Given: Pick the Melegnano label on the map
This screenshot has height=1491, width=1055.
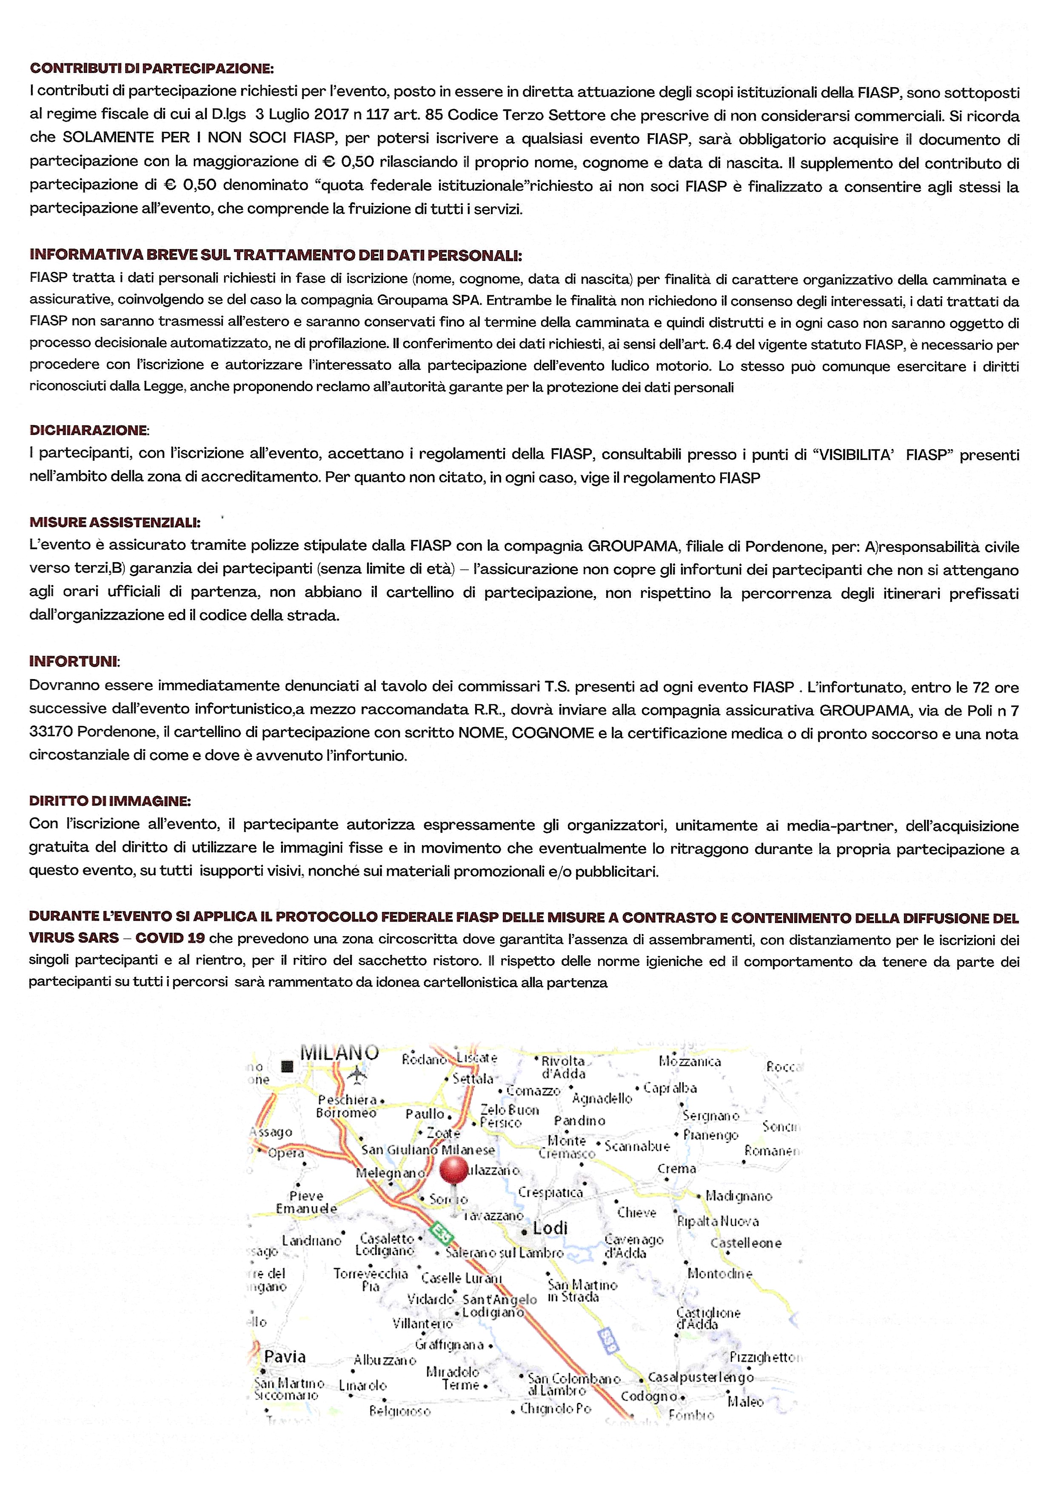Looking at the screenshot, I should click(390, 1173).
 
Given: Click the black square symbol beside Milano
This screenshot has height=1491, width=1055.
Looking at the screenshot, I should click(286, 1066).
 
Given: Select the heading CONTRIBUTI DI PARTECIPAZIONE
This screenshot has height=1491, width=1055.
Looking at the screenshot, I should click(152, 68).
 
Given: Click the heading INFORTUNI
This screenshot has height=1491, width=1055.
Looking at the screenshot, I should click(74, 661).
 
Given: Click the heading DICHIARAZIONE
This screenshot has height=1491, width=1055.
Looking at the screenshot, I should click(89, 430).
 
